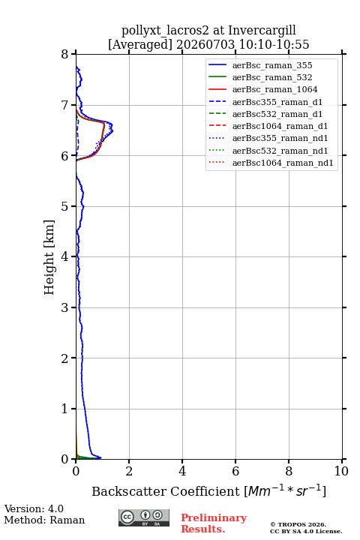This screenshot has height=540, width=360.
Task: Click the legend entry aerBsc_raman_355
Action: click(x=272, y=65)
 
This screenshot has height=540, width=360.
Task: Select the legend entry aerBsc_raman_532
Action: click(x=272, y=77)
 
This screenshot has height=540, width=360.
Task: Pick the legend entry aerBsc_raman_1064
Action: click(x=275, y=89)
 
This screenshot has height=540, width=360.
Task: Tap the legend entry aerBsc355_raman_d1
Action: click(x=277, y=102)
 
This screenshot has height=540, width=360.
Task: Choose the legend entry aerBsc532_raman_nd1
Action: click(x=280, y=151)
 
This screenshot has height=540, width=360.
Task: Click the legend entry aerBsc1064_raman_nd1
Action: click(x=283, y=163)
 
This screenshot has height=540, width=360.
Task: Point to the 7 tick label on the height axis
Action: click(x=64, y=105)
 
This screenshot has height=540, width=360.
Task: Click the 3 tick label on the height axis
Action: click(x=64, y=307)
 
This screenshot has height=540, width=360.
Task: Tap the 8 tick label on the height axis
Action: click(x=64, y=55)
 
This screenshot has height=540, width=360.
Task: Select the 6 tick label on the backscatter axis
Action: click(x=235, y=471)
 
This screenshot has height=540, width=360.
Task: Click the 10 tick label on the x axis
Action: click(x=341, y=471)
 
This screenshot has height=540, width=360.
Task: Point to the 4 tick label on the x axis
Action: click(x=182, y=471)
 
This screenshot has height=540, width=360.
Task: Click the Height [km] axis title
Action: click(x=49, y=257)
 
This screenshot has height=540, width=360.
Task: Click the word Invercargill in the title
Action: click(x=262, y=31)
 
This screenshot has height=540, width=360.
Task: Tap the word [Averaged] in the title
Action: click(x=140, y=45)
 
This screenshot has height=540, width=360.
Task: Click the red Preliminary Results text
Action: click(x=214, y=523)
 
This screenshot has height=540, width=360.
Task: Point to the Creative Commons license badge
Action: click(x=144, y=518)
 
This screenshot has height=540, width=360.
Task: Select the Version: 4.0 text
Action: click(x=34, y=509)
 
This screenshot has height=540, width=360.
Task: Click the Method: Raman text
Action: click(x=44, y=520)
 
